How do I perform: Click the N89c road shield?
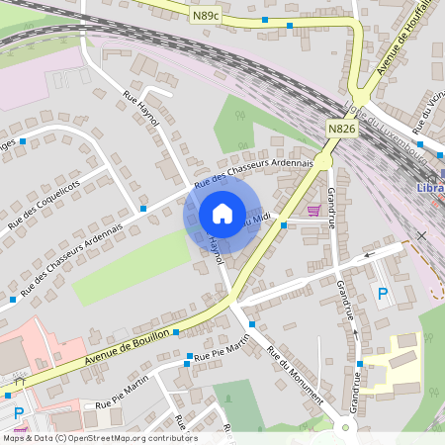(x=206, y=15)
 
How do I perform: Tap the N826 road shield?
(x=342, y=128)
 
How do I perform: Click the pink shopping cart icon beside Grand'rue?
(x=314, y=210)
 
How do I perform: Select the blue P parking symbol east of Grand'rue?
(x=382, y=293)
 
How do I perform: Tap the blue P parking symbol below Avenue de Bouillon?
(x=17, y=413)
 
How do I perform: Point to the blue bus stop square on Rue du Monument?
(x=252, y=324)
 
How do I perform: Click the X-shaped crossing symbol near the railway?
(x=421, y=235)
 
